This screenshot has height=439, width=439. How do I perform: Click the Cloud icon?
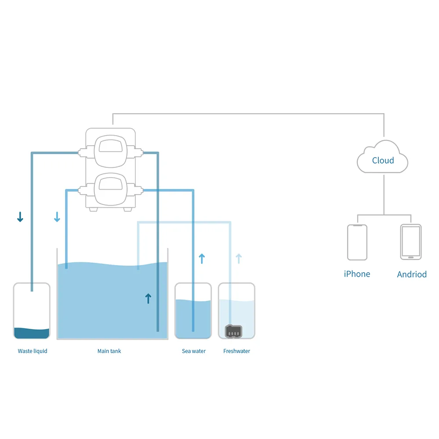point(383,158)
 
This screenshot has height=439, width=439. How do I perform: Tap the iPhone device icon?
point(357,242)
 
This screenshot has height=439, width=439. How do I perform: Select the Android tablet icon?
point(411,242)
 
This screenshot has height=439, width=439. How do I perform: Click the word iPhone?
point(357,274)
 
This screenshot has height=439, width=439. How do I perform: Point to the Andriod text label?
point(412,274)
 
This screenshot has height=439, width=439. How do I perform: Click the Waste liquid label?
point(32,351)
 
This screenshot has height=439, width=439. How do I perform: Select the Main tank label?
point(109,351)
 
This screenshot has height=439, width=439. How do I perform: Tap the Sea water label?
point(194,351)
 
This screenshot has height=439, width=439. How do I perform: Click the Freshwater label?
point(237,351)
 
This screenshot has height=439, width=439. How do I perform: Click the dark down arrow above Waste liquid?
point(20,217)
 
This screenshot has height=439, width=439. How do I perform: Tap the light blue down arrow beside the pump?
point(57,217)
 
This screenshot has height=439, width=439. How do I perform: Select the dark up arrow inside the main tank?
point(148,299)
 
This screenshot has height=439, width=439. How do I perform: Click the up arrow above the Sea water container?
point(202,259)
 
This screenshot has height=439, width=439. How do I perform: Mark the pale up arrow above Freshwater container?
point(238,259)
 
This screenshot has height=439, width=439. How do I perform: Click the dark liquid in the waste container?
point(32,334)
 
